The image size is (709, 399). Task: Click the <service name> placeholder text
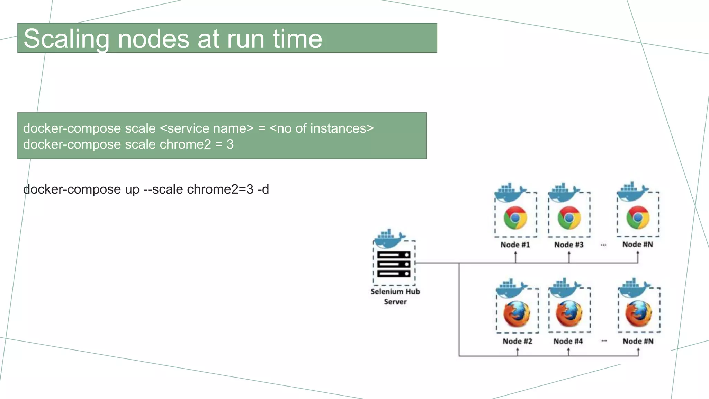(207, 128)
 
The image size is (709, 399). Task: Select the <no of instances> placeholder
(321, 128)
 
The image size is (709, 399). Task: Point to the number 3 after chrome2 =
(230, 144)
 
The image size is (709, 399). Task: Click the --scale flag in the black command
(163, 189)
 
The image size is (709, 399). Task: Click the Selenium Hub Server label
(395, 296)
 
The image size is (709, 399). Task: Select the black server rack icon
(394, 264)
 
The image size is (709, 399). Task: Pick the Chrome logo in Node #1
(515, 218)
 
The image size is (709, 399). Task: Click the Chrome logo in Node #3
(569, 218)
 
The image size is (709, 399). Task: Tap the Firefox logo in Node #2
(517, 314)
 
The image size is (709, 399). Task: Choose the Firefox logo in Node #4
(569, 313)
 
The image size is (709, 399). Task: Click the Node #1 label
(515, 245)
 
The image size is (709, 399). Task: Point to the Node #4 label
(568, 341)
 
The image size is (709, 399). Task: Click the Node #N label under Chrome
(638, 245)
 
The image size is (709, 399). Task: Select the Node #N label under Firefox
(638, 341)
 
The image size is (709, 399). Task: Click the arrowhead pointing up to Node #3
(569, 254)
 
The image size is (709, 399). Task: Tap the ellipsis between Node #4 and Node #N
(604, 341)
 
